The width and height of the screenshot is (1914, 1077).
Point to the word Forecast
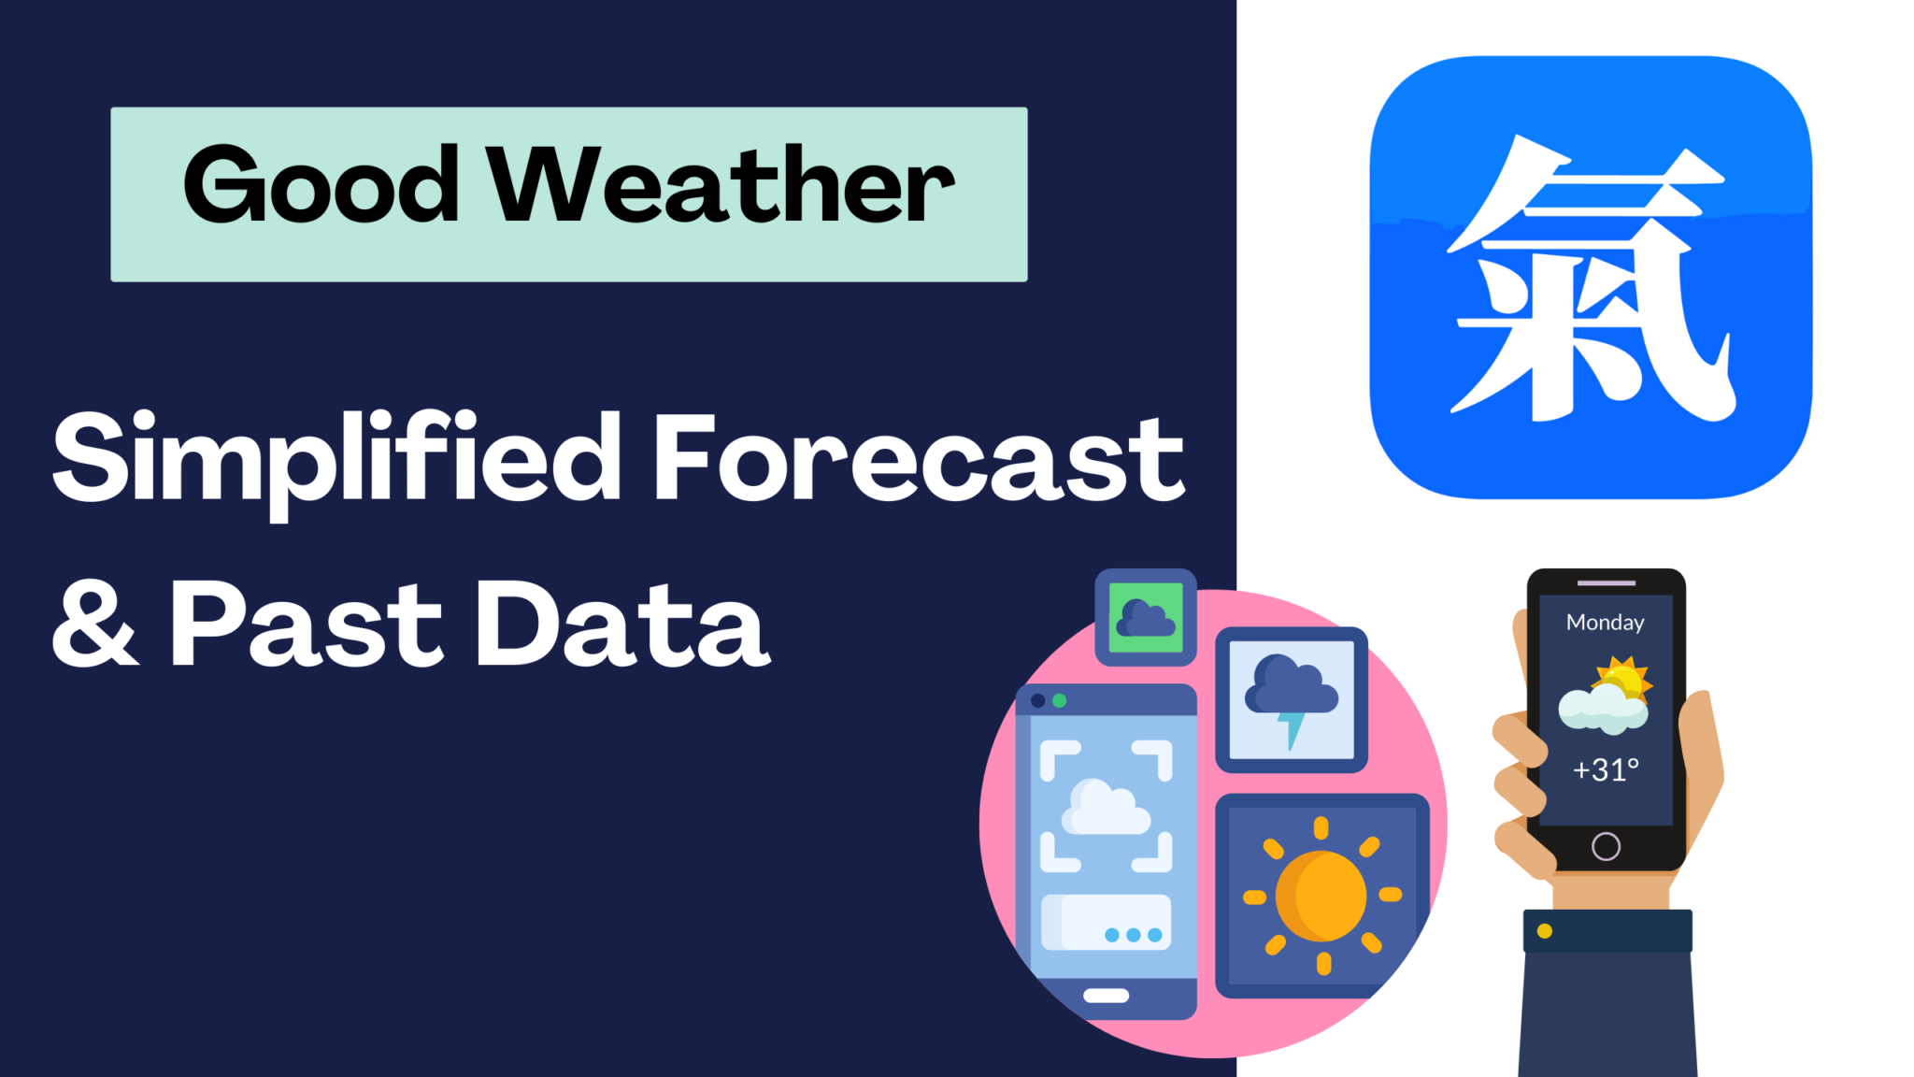[919, 458]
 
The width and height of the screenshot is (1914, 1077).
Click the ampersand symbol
[94, 624]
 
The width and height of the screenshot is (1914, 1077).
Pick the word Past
[307, 624]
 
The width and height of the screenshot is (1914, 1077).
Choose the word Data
[623, 624]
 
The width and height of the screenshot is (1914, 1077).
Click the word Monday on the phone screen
[1605, 623]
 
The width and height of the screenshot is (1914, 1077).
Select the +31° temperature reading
[1606, 769]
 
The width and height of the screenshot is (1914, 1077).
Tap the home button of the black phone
[1606, 846]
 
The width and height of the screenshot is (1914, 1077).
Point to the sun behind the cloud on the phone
[1626, 677]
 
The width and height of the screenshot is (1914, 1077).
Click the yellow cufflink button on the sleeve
[1545, 931]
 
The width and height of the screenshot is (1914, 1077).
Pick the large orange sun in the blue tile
[1321, 897]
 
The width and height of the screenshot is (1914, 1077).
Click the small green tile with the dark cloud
[1146, 618]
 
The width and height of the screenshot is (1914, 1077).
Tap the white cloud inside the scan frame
[1106, 809]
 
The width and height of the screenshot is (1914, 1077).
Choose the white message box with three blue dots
[1107, 923]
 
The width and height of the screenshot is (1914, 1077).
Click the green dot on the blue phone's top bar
[1060, 700]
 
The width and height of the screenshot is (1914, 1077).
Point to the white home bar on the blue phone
[1106, 996]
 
